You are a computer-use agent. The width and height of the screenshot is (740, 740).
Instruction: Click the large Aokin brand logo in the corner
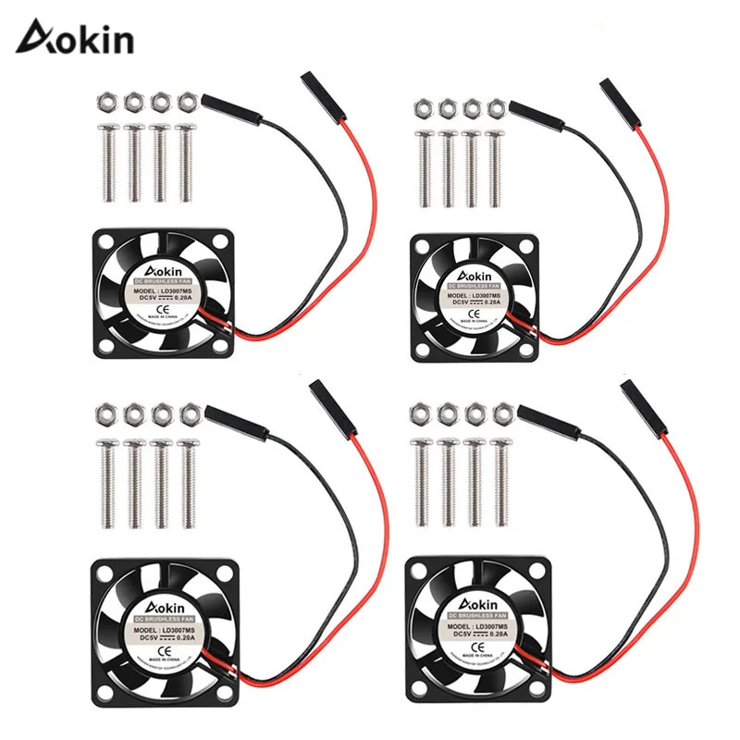coord(78,40)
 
